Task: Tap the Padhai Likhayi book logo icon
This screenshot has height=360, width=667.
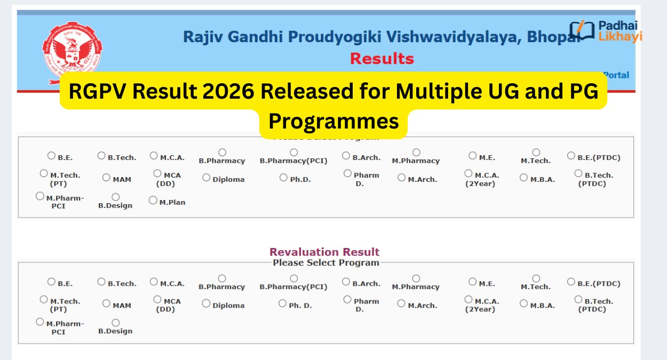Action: [x=581, y=30]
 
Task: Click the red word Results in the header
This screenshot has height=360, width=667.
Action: [x=382, y=58]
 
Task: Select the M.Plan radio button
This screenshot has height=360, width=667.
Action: [x=153, y=201]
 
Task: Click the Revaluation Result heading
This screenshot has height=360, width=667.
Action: [x=324, y=252]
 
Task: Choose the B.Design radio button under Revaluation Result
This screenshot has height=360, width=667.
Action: [x=115, y=323]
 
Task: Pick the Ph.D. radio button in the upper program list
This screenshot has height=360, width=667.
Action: [x=283, y=178]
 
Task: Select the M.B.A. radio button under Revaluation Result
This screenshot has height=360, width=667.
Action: [x=523, y=303]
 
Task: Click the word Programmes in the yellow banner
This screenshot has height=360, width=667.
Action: [x=333, y=121]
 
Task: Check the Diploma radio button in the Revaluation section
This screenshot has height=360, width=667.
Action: [x=206, y=303]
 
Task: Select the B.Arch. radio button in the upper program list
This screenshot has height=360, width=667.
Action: [x=346, y=156]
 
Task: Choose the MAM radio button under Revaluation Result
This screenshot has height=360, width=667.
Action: [x=106, y=303]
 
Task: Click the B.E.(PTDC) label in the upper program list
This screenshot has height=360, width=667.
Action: [x=599, y=158]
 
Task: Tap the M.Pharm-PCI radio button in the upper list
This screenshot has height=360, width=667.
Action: [x=40, y=196]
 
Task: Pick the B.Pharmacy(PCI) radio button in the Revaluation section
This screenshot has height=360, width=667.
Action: [x=293, y=278]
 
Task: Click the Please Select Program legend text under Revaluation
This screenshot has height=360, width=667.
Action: [x=325, y=262]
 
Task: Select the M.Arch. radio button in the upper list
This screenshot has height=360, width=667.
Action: [x=401, y=178]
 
